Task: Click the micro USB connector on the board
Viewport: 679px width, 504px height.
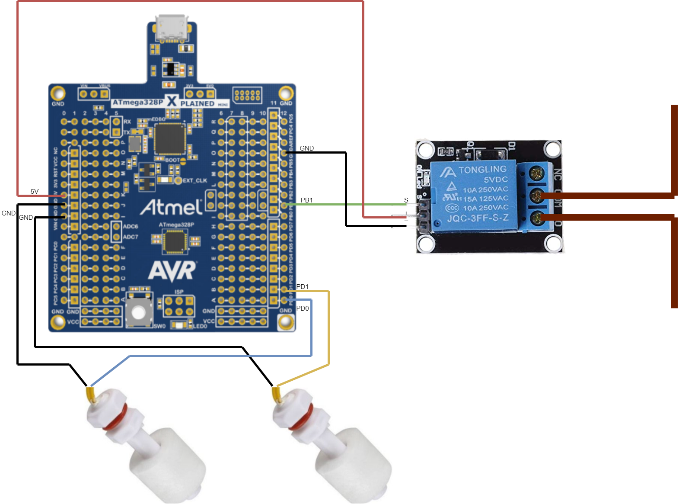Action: click(172, 28)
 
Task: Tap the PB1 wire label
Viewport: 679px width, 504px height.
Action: click(306, 200)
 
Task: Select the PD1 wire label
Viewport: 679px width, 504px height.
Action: click(303, 286)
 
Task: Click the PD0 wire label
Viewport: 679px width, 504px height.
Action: click(303, 308)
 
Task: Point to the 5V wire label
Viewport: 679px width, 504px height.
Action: click(35, 191)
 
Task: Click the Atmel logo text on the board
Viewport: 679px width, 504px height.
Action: click(171, 207)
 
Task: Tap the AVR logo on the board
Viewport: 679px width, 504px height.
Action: click(172, 271)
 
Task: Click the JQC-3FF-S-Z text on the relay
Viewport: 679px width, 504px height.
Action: click(478, 218)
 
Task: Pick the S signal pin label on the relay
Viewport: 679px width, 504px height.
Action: click(406, 200)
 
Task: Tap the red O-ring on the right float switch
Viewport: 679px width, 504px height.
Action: click(301, 419)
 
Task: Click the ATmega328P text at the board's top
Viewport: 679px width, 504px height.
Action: click(137, 103)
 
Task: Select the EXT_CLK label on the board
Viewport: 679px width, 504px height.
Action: click(194, 180)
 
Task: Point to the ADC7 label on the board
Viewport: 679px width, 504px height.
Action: click(131, 237)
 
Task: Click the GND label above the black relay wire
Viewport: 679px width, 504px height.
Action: click(307, 148)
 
